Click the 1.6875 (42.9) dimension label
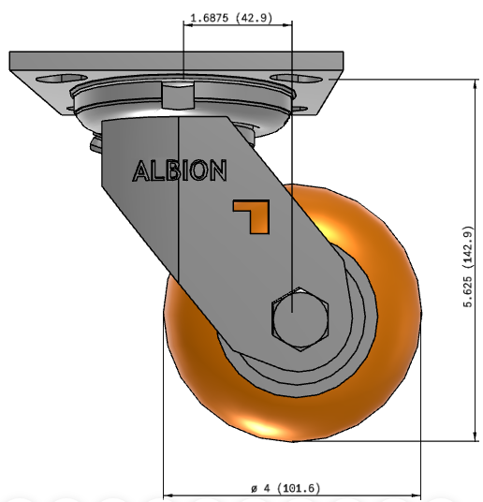(231, 18)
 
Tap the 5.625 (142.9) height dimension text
(468, 266)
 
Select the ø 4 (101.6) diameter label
(285, 488)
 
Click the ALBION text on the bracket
(180, 170)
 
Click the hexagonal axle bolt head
(300, 319)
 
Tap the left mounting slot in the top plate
(61, 79)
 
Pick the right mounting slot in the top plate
(296, 79)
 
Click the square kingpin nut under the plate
(178, 95)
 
